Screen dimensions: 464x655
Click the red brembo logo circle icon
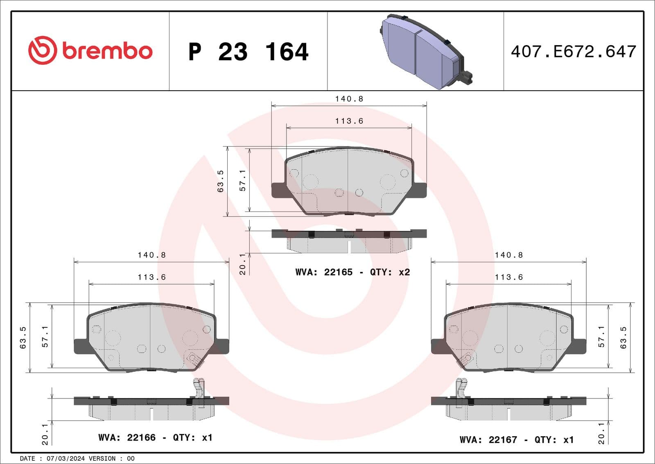coord(42,50)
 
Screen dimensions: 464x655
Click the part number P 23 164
coord(248,52)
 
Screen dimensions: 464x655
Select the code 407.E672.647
coord(573,52)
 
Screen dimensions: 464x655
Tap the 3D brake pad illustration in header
coord(426,51)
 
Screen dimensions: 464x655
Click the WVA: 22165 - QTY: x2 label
coord(352,272)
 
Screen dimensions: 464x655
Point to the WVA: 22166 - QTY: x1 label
coord(155,437)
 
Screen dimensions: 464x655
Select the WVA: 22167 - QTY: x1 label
coord(516,439)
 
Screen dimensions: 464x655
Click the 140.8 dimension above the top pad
coord(349,99)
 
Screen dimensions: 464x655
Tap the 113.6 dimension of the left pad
coord(151,277)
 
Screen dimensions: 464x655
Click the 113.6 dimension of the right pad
coord(508,277)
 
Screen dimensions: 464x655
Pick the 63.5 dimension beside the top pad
coord(220,181)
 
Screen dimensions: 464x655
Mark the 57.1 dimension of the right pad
coord(601,337)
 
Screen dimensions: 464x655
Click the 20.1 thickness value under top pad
coord(242,264)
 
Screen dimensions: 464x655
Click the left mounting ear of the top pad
coord(279,190)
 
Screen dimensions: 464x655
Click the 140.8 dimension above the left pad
coord(151,255)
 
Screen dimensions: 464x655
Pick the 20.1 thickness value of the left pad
coord(45,434)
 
